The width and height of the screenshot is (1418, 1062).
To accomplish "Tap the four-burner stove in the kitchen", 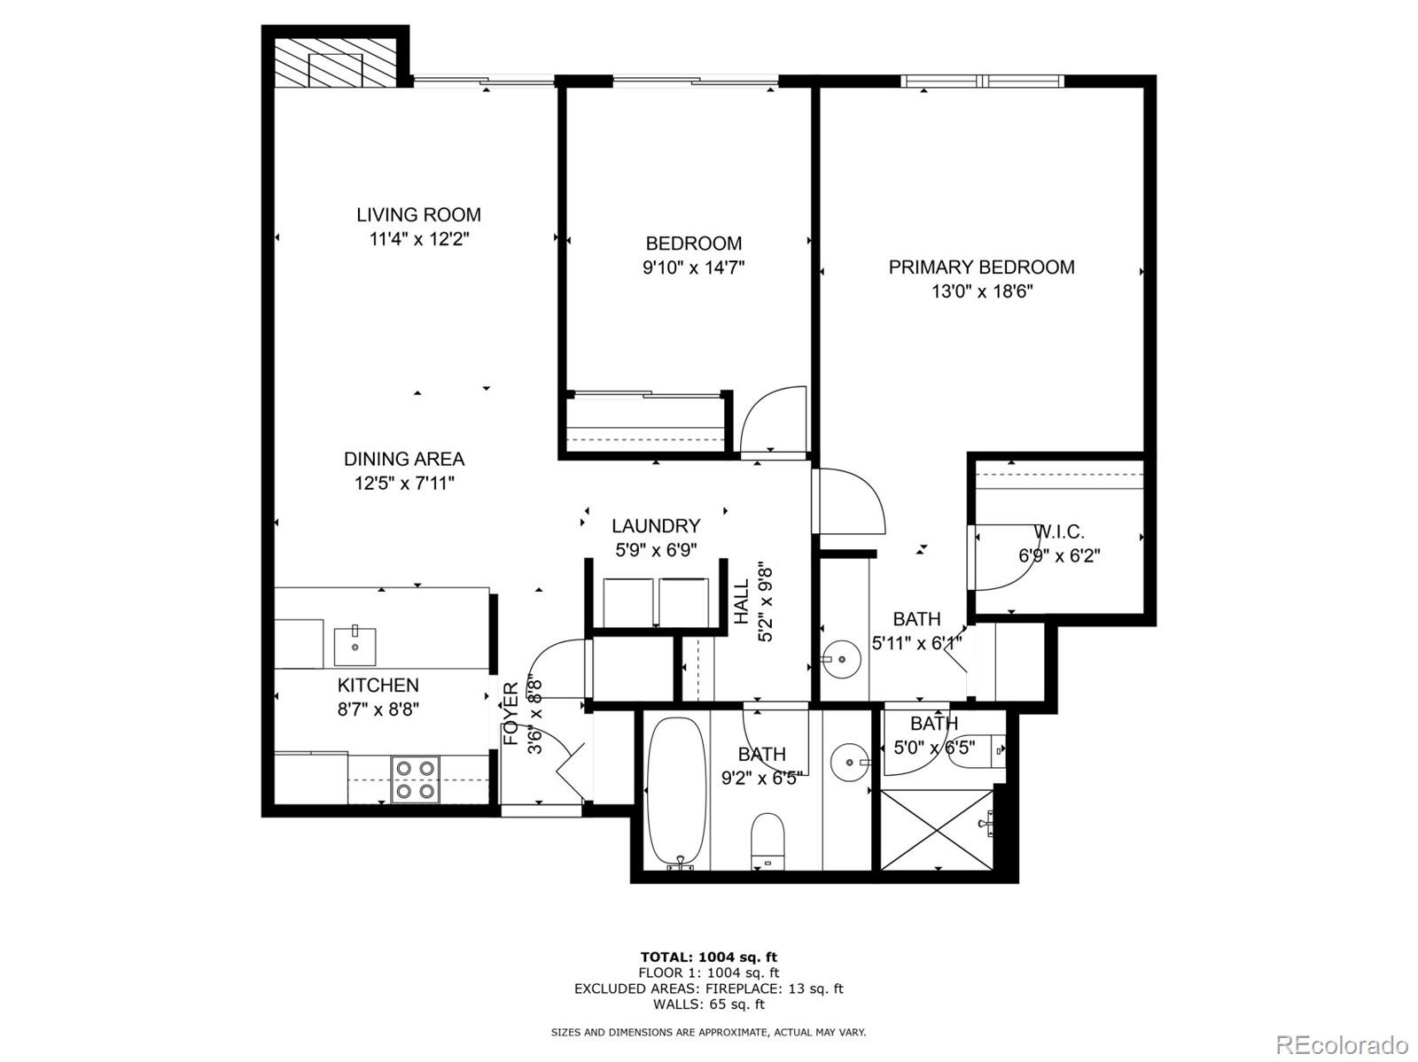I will (416, 779).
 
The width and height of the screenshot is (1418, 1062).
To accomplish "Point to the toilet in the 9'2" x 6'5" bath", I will (768, 839).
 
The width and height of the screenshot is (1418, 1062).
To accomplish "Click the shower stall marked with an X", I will (937, 830).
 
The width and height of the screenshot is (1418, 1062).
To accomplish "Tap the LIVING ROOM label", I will (418, 214).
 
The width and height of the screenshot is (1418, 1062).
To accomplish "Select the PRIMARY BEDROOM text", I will (981, 267).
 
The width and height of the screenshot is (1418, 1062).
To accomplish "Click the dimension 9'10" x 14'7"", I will (693, 267).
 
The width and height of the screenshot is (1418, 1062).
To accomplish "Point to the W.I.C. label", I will (1059, 531).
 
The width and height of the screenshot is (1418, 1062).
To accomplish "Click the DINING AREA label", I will (404, 459).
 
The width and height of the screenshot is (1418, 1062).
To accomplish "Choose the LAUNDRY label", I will (656, 525).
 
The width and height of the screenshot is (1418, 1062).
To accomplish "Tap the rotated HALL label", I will (742, 601).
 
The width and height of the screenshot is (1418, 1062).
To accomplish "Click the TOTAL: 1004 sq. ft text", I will (708, 957).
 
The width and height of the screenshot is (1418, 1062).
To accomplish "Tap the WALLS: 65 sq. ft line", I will (708, 1004).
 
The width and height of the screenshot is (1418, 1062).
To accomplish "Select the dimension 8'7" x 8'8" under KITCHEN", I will (378, 709).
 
